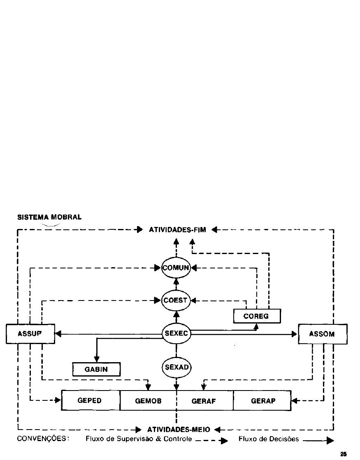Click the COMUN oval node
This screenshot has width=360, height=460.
click(176, 268)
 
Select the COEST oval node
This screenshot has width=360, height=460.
click(176, 301)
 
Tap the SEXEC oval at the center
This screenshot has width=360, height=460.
click(176, 333)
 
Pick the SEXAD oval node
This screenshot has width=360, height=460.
click(176, 367)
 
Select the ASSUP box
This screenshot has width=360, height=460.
click(30, 334)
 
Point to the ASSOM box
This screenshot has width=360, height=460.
click(323, 334)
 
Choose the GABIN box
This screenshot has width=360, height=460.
click(96, 369)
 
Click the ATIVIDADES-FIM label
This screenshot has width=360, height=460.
click(177, 230)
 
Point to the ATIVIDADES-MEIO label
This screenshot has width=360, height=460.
click(179, 430)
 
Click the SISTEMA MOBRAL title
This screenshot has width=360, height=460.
click(49, 217)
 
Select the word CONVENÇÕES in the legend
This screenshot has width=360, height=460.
click(43, 439)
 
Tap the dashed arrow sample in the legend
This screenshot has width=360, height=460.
click(211, 441)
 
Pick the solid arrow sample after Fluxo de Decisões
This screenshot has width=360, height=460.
click(318, 441)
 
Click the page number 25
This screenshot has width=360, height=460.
click(344, 454)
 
